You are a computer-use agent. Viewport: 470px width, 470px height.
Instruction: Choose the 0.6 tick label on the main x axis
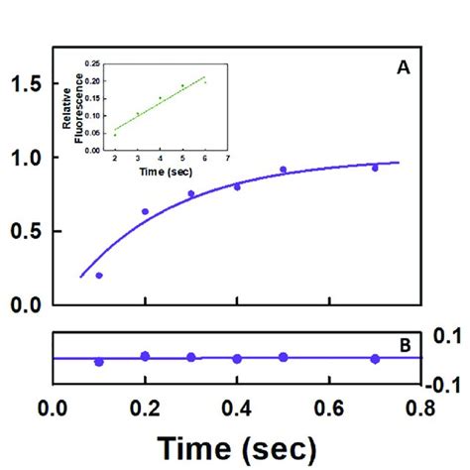[329, 408]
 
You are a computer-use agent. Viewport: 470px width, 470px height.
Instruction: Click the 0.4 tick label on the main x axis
[237, 408]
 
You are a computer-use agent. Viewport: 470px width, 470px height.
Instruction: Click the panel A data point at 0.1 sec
[99, 276]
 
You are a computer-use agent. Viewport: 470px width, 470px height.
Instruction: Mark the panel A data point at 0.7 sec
[375, 169]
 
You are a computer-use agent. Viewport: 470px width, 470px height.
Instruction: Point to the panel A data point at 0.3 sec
[191, 194]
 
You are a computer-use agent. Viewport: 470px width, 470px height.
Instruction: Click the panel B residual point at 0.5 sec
[284, 357]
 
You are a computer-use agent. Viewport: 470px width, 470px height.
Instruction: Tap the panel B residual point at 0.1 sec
[99, 362]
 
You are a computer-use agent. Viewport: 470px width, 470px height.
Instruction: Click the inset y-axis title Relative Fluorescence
[75, 106]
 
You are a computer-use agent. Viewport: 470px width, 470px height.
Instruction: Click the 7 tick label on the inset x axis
[229, 159]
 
